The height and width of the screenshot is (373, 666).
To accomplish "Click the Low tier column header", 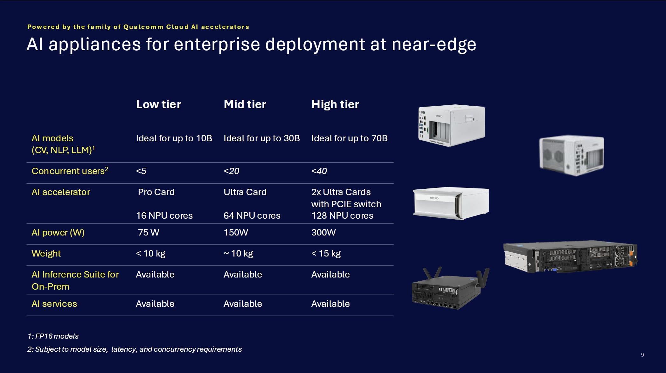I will [x=158, y=104].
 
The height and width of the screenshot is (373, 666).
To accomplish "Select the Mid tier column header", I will [x=245, y=104].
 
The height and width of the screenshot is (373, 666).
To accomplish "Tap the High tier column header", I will [x=335, y=104].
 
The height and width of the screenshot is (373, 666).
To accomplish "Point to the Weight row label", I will [x=46, y=253].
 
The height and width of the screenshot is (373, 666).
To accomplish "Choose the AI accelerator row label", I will [x=61, y=192].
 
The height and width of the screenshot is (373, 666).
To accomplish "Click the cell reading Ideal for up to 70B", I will [x=349, y=138].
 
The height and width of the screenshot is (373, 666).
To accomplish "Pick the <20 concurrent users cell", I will [x=231, y=171].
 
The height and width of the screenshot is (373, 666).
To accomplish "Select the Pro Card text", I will [x=156, y=192].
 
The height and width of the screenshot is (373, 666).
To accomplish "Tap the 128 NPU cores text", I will [x=342, y=215].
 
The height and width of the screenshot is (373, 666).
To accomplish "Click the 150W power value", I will [x=236, y=232].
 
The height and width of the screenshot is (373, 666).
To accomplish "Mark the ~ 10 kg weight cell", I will [x=238, y=253].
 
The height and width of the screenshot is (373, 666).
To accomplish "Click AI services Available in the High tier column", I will [x=330, y=304].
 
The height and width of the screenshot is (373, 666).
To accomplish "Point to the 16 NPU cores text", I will [x=164, y=215].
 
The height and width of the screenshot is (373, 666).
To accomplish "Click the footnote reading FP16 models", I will [x=53, y=336].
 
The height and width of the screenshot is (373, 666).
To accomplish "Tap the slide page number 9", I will [x=642, y=355].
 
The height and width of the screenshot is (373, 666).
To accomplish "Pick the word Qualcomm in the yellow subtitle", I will [x=143, y=27].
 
